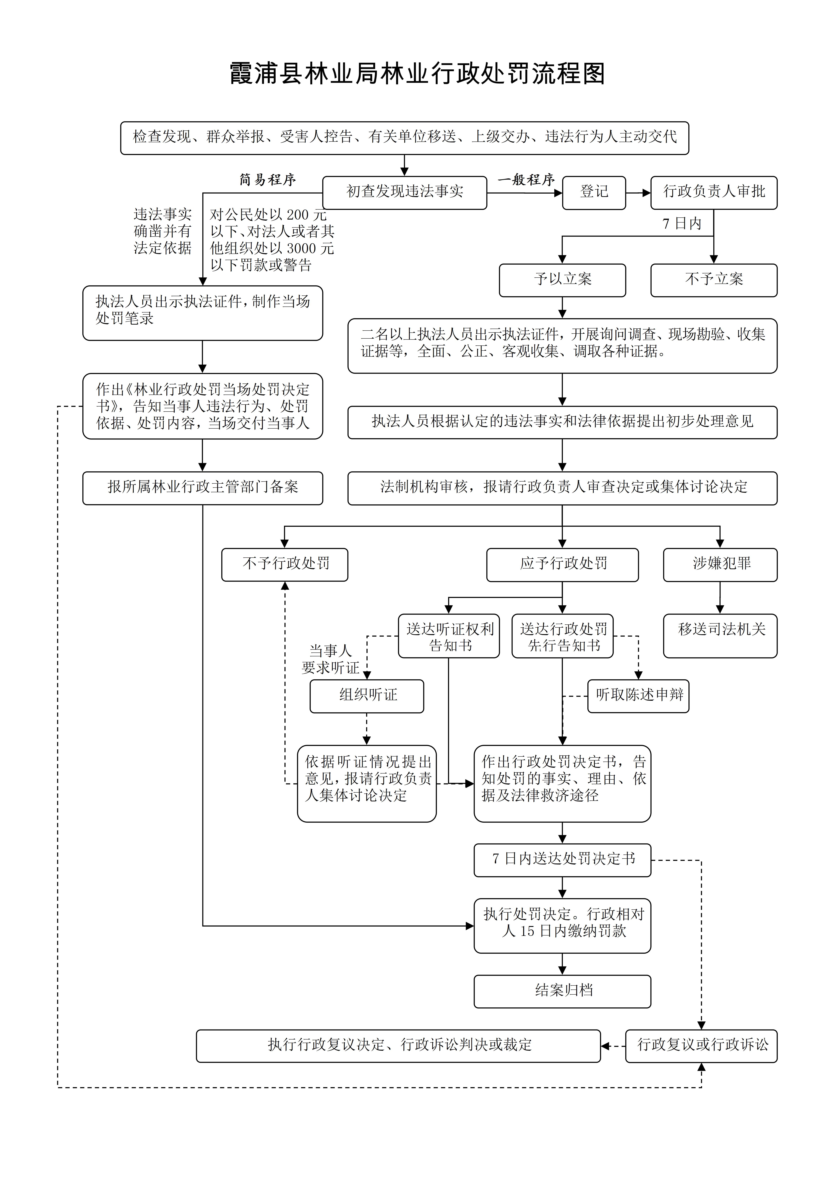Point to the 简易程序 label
pyautogui.click(x=268, y=180)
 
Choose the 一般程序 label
pyautogui.click(x=526, y=180)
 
